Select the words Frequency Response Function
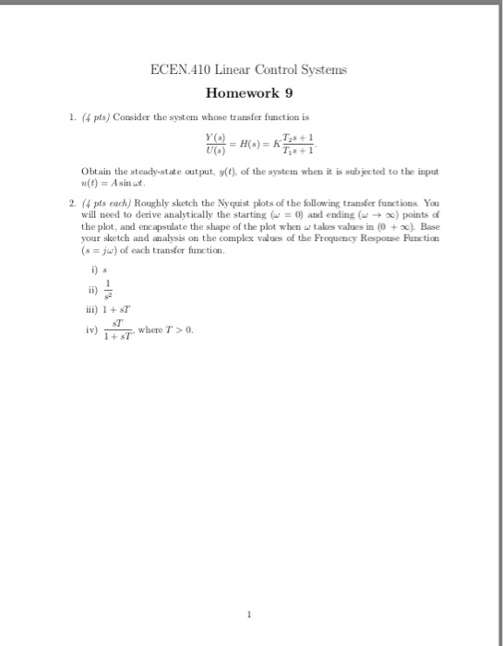pos(396,247)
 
